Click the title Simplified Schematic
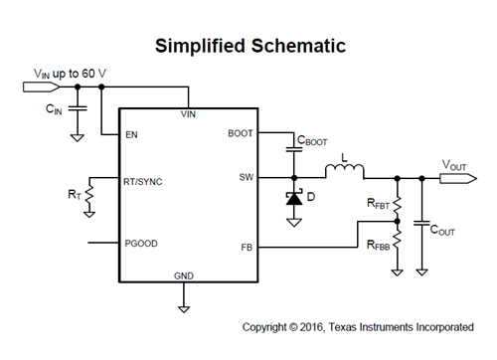click(x=248, y=47)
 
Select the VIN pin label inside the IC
click(x=188, y=115)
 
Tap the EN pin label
click(x=130, y=134)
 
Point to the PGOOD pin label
click(x=139, y=242)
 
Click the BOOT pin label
click(x=241, y=132)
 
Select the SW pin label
click(x=246, y=178)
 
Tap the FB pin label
click(x=248, y=247)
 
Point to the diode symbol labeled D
click(x=293, y=198)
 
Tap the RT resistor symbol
click(x=90, y=193)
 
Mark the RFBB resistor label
click(x=379, y=245)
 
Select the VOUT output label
click(x=456, y=166)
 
